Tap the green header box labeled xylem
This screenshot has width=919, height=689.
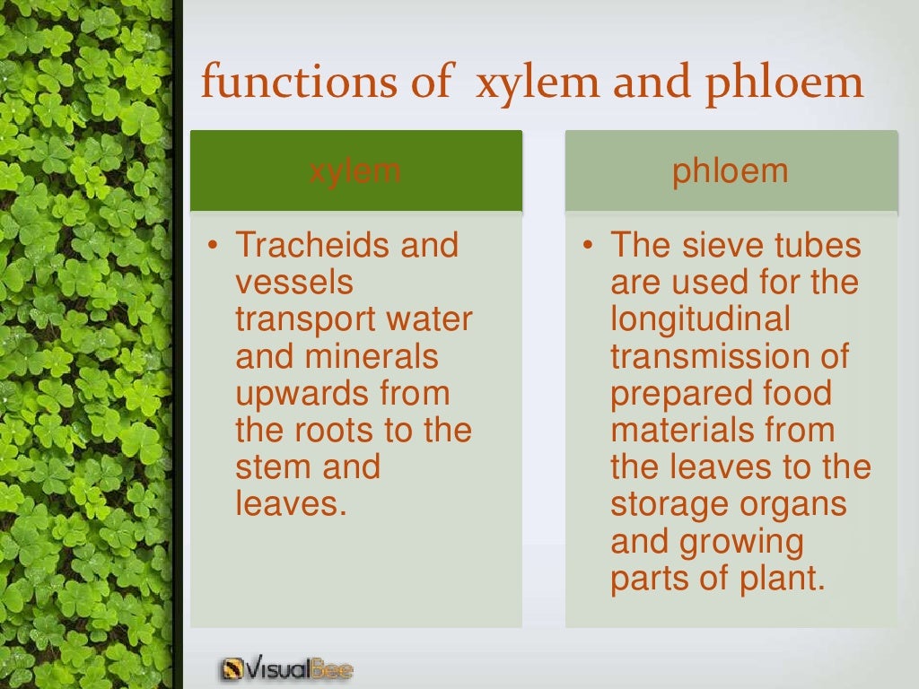(355, 170)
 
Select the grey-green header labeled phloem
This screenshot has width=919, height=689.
(731, 170)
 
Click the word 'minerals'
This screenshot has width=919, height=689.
(372, 356)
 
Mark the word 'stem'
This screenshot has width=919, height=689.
(269, 467)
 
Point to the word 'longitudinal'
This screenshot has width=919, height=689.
(701, 319)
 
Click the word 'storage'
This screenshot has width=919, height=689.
(670, 503)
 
